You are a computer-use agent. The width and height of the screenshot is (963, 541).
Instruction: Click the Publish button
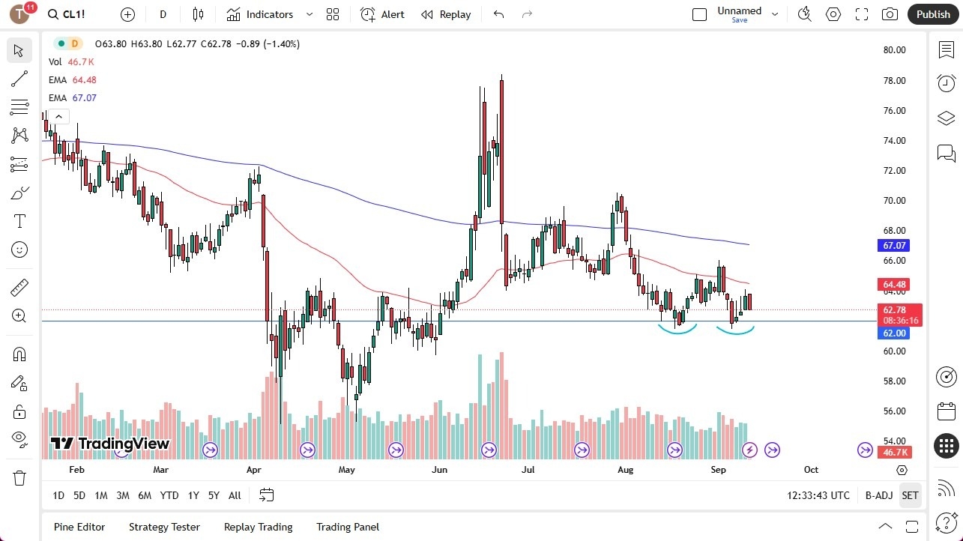click(x=933, y=14)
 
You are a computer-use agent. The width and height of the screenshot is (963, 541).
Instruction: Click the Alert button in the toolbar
click(x=382, y=14)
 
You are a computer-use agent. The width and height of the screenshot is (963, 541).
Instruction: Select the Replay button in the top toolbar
click(x=446, y=14)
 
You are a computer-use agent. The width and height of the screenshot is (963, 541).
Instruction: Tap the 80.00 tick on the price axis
click(x=894, y=50)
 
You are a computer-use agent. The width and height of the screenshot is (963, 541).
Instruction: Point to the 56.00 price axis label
click(x=894, y=411)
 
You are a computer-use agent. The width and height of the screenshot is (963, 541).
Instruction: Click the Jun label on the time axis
click(x=439, y=470)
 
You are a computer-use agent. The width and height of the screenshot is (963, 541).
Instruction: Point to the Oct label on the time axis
click(x=811, y=470)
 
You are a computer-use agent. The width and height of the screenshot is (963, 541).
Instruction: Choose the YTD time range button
click(x=169, y=495)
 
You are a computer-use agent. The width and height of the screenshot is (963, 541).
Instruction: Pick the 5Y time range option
click(x=214, y=495)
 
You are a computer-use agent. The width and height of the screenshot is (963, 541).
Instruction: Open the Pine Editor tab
click(x=79, y=527)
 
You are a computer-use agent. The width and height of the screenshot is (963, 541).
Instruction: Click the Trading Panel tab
click(x=348, y=527)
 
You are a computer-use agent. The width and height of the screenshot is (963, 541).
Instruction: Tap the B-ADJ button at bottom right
click(x=878, y=495)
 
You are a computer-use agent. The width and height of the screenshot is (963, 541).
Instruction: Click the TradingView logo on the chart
click(x=110, y=444)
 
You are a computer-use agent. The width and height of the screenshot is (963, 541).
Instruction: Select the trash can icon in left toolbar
click(x=19, y=478)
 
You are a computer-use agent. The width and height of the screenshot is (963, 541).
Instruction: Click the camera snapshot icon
click(x=890, y=14)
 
